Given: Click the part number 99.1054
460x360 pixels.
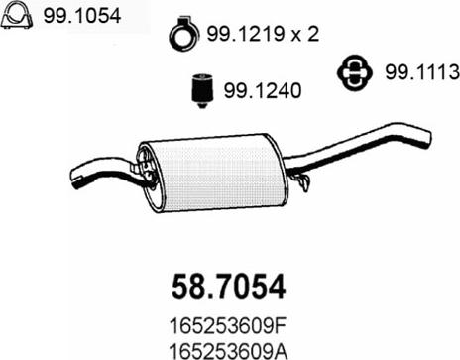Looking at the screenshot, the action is point(82,15).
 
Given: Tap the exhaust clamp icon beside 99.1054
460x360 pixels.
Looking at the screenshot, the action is point(17,15).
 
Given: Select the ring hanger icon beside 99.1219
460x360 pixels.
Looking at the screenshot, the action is point(184,33).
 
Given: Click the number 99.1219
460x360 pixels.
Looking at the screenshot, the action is point(246,34).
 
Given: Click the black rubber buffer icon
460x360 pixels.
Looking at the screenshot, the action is point(202,91).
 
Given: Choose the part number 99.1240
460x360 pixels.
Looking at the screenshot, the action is point(263,90).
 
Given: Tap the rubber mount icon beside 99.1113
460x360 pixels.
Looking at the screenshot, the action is point(355,72).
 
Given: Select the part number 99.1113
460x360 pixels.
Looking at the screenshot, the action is point(422,71).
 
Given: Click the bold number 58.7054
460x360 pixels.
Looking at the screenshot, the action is point(229,287).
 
